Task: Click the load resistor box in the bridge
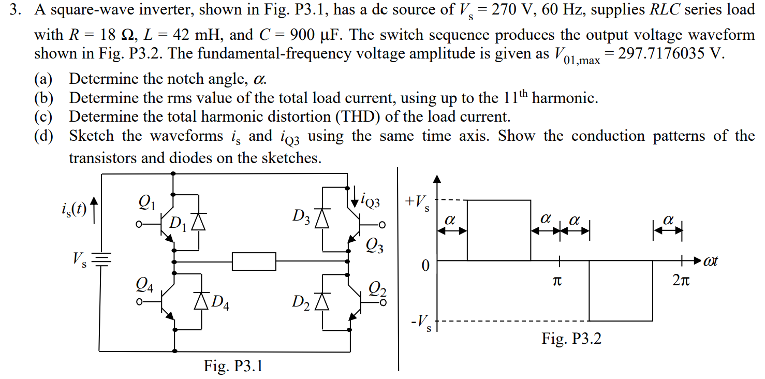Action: point(254,261)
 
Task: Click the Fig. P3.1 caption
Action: point(233,366)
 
